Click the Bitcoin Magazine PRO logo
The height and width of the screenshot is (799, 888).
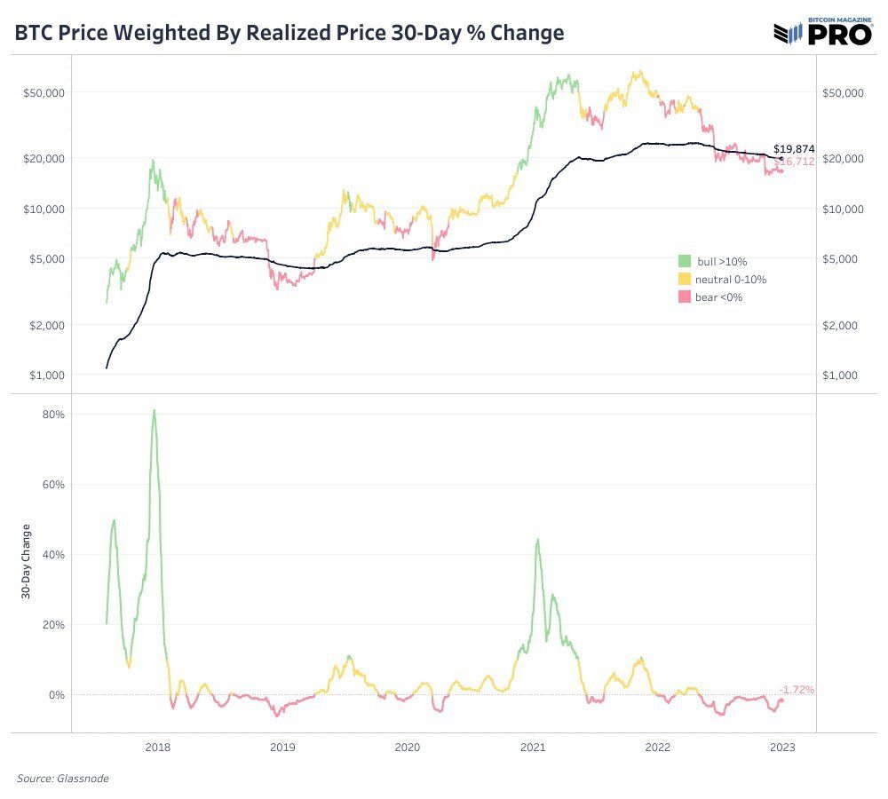click(825, 32)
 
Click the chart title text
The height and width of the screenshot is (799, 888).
click(289, 33)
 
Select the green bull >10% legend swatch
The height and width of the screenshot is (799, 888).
click(685, 262)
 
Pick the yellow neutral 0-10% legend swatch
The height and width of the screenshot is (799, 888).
click(685, 280)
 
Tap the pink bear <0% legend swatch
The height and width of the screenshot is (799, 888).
click(685, 297)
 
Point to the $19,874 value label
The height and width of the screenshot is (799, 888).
click(794, 149)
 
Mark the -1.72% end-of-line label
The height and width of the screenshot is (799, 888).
click(797, 689)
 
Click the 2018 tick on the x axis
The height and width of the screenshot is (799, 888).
click(157, 748)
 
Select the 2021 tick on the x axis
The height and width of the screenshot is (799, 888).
click(533, 748)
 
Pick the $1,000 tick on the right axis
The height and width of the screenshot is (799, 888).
click(840, 376)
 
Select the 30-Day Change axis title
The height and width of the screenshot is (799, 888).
click(26, 562)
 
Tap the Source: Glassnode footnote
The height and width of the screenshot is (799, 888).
click(63, 779)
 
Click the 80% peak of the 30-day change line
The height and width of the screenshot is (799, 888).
click(154, 410)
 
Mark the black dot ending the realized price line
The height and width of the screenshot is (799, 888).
click(781, 159)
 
